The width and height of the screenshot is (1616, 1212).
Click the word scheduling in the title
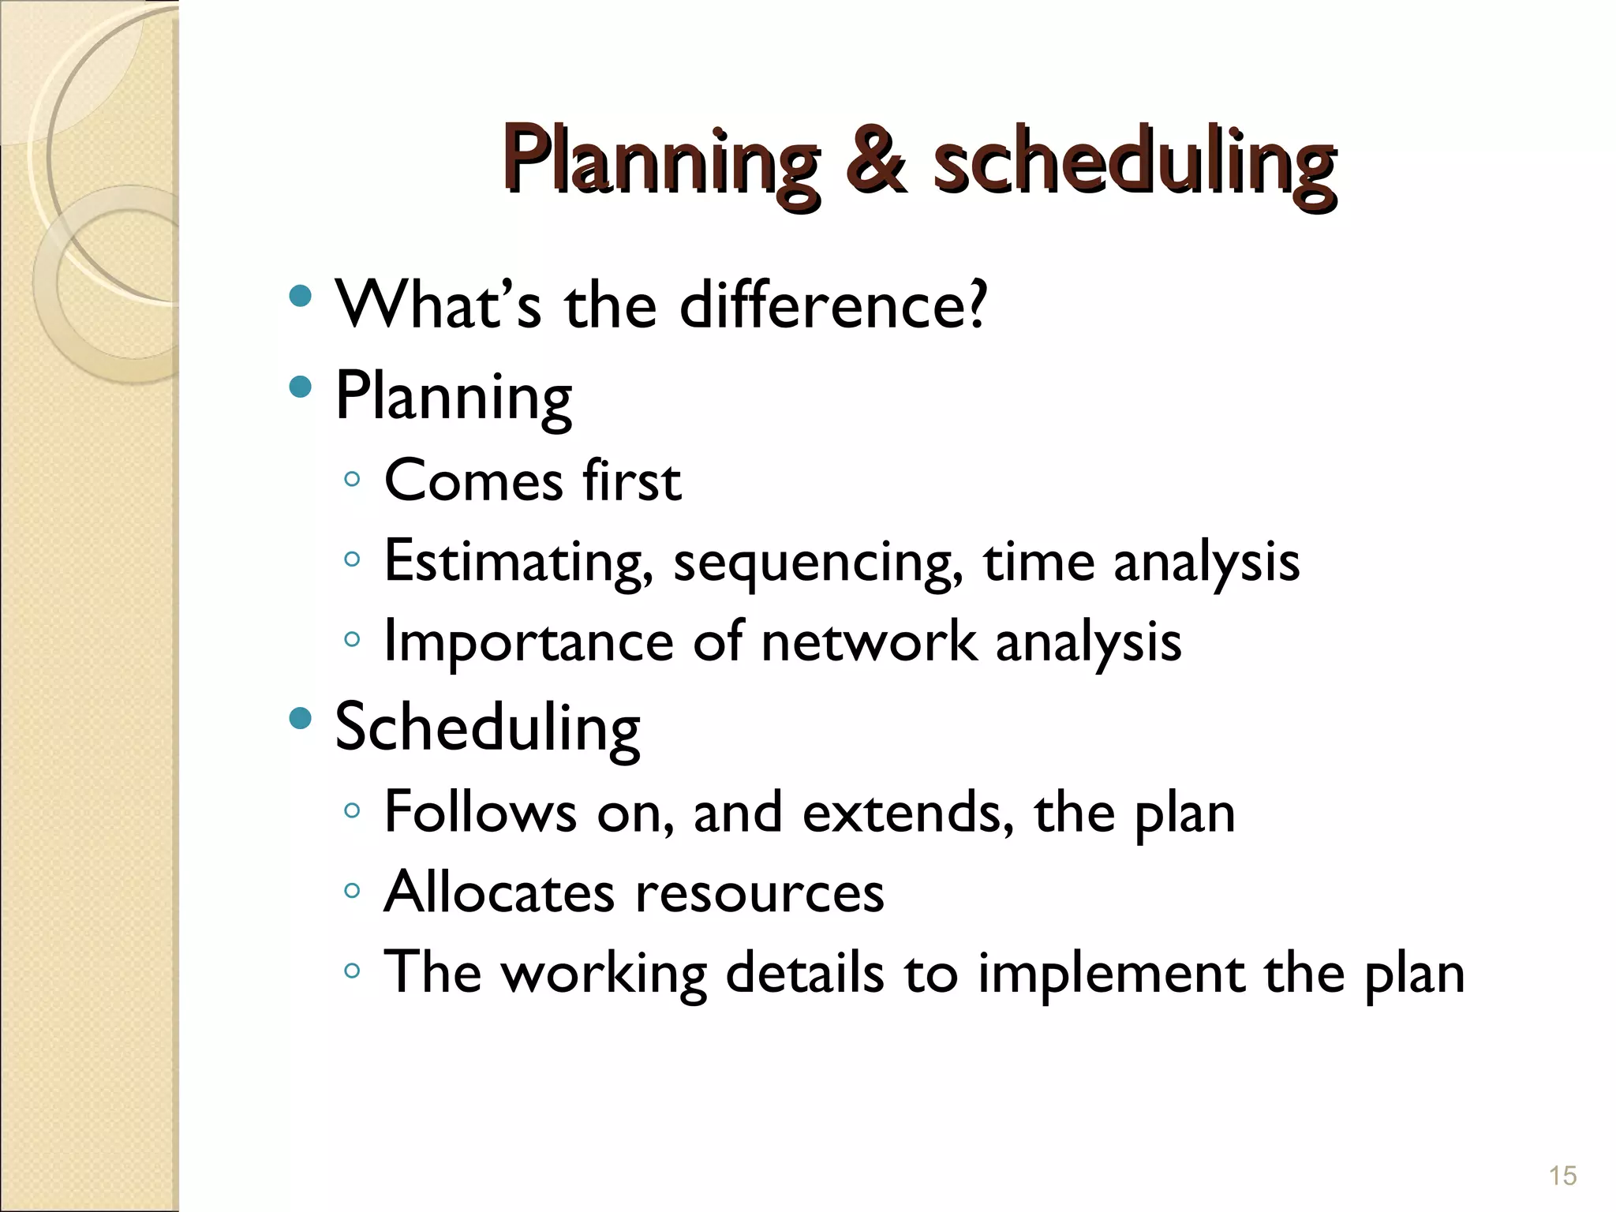(1134, 163)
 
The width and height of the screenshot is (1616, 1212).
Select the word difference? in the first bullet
(832, 305)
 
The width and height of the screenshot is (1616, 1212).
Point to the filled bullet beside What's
(300, 297)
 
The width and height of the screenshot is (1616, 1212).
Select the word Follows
(480, 812)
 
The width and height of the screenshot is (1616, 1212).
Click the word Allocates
(499, 892)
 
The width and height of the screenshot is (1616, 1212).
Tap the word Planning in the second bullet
(454, 397)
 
